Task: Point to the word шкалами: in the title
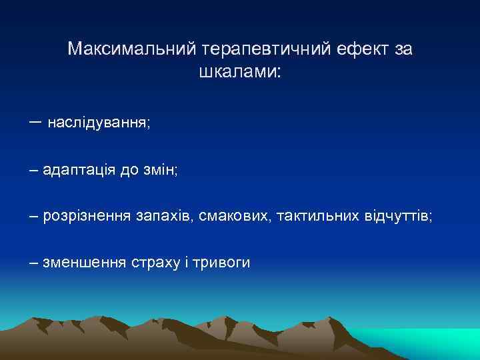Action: click(x=240, y=72)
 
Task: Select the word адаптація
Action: click(x=79, y=171)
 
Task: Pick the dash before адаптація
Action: click(x=34, y=171)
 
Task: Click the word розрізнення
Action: click(x=87, y=217)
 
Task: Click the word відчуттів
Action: click(x=398, y=217)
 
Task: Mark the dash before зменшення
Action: click(x=34, y=263)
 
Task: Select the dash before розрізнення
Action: click(x=34, y=217)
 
